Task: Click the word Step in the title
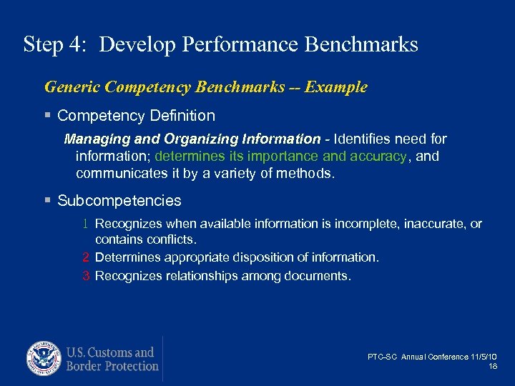(43, 44)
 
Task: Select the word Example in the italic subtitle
(335, 87)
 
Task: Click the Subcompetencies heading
(119, 201)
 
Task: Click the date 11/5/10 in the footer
(485, 357)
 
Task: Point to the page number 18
(493, 366)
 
